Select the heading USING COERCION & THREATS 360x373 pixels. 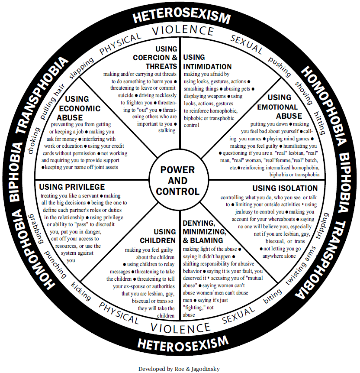157,58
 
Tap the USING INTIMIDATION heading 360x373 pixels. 207,62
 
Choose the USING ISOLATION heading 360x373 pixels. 285,188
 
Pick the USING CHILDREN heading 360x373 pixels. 158,236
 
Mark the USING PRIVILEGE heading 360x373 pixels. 72,187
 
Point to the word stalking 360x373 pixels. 167,130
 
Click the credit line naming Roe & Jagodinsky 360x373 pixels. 179,369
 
